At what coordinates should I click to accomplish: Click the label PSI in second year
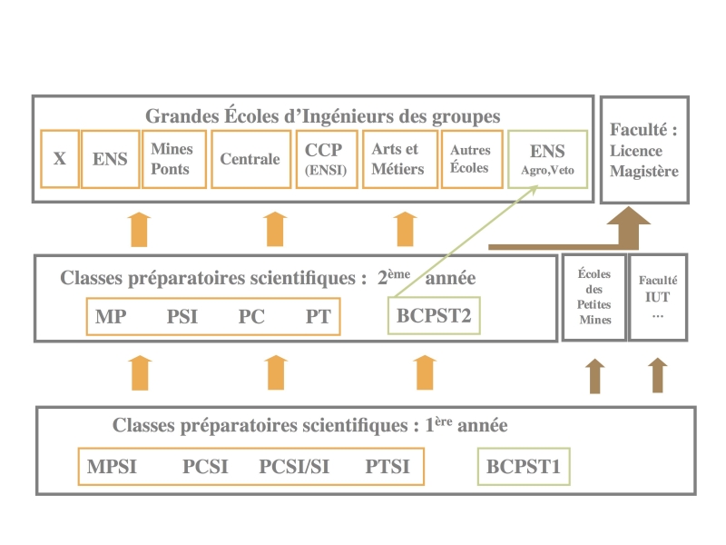click(x=182, y=316)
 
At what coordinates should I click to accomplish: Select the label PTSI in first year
click(x=388, y=467)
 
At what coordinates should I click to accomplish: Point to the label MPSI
click(x=112, y=467)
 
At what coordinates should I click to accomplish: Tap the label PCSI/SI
click(x=294, y=467)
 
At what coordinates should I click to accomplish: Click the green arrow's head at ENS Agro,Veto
click(x=537, y=187)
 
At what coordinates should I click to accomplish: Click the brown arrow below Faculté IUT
click(x=658, y=375)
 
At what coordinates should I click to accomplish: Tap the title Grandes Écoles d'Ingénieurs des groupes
click(x=323, y=116)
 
